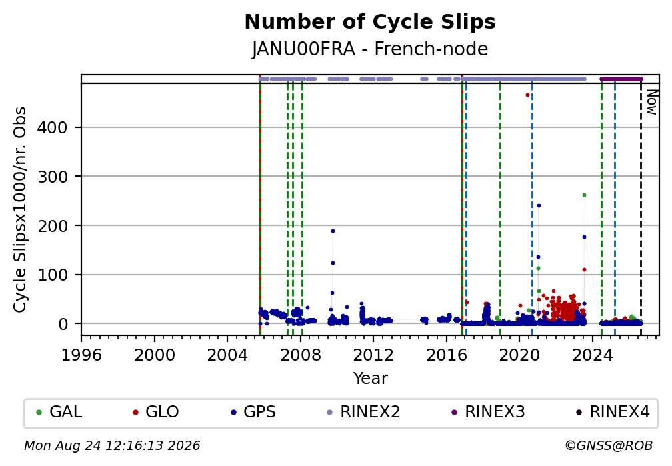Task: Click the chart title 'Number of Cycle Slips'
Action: coord(370,22)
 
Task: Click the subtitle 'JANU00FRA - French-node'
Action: coord(370,49)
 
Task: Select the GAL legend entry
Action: coord(59,412)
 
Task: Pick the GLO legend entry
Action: coord(156,412)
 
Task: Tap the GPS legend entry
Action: coord(253,412)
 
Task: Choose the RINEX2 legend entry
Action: coord(363,412)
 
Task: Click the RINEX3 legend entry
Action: coord(488,412)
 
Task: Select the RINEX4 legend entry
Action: coord(613,412)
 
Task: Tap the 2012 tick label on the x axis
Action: coord(373,355)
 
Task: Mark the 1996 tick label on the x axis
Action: coord(81,355)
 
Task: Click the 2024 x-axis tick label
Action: coord(592,355)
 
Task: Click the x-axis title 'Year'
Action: coord(370,379)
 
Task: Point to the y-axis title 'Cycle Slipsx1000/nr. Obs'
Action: coord(20,209)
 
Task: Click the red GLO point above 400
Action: coord(527,95)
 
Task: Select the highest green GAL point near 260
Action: coord(584,195)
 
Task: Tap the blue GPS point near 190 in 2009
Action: coord(333,231)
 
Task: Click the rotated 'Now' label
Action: coord(652,102)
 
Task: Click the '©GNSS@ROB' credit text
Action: coord(609,446)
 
